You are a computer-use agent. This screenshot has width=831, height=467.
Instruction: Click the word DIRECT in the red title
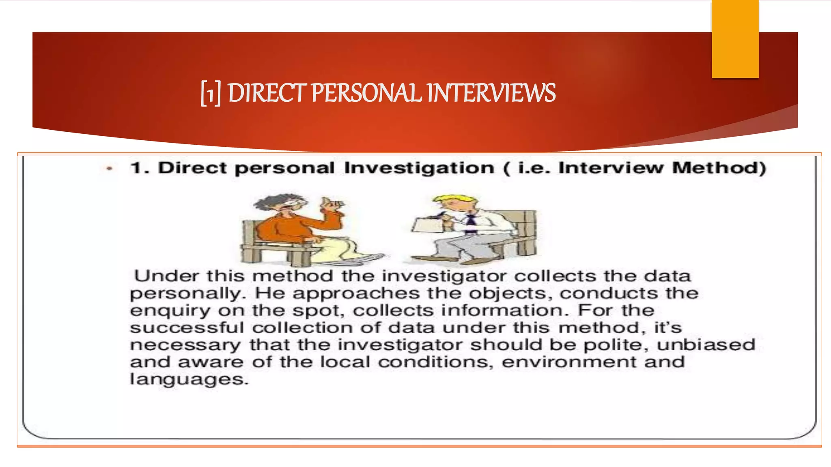point(266,93)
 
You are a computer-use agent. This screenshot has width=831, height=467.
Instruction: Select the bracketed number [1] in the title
point(211,94)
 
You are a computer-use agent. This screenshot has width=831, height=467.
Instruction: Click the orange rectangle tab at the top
point(735,39)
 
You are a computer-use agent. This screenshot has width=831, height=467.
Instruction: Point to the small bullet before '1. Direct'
point(109,169)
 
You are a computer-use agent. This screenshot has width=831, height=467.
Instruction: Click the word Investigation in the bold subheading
point(419,168)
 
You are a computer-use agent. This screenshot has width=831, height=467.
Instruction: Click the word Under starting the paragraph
point(167,276)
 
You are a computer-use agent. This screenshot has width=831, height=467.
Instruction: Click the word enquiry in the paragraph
point(170,311)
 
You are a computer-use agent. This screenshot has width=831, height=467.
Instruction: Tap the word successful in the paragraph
point(187,328)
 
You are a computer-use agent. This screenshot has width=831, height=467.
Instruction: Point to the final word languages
point(189,379)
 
